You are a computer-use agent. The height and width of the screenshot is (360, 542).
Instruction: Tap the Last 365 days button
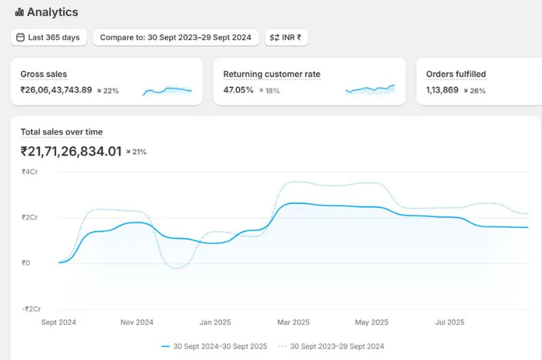pos(49,37)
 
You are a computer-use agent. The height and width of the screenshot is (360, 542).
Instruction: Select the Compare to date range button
pos(175,37)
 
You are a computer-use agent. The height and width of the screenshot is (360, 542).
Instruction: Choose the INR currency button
pos(286,37)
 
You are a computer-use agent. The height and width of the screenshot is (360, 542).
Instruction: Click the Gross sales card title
pos(43,74)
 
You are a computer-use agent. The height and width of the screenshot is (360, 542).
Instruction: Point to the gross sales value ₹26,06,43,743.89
pos(56,90)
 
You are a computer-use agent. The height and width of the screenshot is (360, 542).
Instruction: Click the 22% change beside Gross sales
pos(108,91)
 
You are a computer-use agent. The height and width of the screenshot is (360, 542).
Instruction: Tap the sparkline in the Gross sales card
pos(167,90)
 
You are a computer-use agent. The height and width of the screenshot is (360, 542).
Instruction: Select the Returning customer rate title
pos(272,74)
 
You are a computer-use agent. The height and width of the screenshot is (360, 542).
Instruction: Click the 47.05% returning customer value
pos(238,90)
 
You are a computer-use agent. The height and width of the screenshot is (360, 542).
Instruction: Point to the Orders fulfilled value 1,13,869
pos(442,90)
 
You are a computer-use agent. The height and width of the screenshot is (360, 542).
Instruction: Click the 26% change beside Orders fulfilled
pos(475,91)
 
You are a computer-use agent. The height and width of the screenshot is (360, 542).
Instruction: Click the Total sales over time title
pos(62,132)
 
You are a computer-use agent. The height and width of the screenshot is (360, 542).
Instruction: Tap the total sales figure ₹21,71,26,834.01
pos(71,151)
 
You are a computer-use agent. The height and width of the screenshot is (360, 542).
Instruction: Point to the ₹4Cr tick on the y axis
pos(30,172)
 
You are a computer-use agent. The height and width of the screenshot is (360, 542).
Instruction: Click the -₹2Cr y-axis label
pos(31,309)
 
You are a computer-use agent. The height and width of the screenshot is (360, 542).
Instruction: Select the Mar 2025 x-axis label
pos(293,322)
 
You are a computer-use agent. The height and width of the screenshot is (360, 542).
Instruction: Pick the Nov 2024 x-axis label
pos(137,322)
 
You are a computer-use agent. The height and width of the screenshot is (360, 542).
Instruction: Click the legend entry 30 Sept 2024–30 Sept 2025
pos(214,346)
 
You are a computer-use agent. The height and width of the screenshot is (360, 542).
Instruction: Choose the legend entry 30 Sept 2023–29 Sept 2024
pos(331,346)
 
